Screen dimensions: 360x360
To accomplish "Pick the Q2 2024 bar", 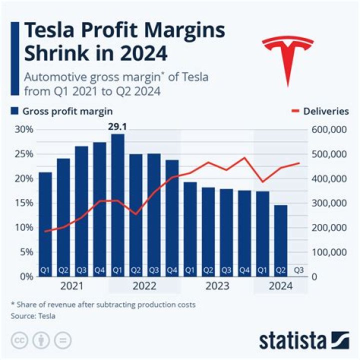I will point(281,240).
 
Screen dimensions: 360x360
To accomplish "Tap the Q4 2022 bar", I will point(172,218).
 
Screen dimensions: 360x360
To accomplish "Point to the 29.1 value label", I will point(118,127).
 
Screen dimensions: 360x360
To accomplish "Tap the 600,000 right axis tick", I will point(328,129).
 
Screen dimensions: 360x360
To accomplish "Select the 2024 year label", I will point(281,286).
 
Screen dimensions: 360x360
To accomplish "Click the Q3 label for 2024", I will point(299,270).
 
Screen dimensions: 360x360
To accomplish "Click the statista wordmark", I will point(292,341).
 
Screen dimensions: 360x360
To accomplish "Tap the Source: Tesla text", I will point(33,316).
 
